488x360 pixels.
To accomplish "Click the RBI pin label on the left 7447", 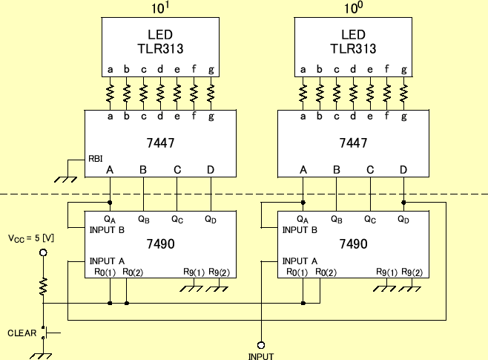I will [96, 159].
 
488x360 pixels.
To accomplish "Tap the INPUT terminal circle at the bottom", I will [261, 344].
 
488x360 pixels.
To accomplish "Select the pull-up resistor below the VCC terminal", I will [44, 285].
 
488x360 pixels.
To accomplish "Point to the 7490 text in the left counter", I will [161, 243].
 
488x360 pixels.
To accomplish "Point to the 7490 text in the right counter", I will [354, 243].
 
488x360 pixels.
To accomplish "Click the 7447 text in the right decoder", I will [354, 142].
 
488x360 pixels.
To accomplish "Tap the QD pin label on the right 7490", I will [403, 220].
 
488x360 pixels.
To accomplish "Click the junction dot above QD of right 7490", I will [403, 202].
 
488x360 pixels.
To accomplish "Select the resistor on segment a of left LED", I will [110, 94].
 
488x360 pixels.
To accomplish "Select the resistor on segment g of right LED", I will [404, 94].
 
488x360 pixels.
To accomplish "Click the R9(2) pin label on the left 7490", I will [220, 272].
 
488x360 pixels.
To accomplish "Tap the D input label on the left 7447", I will [211, 170].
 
